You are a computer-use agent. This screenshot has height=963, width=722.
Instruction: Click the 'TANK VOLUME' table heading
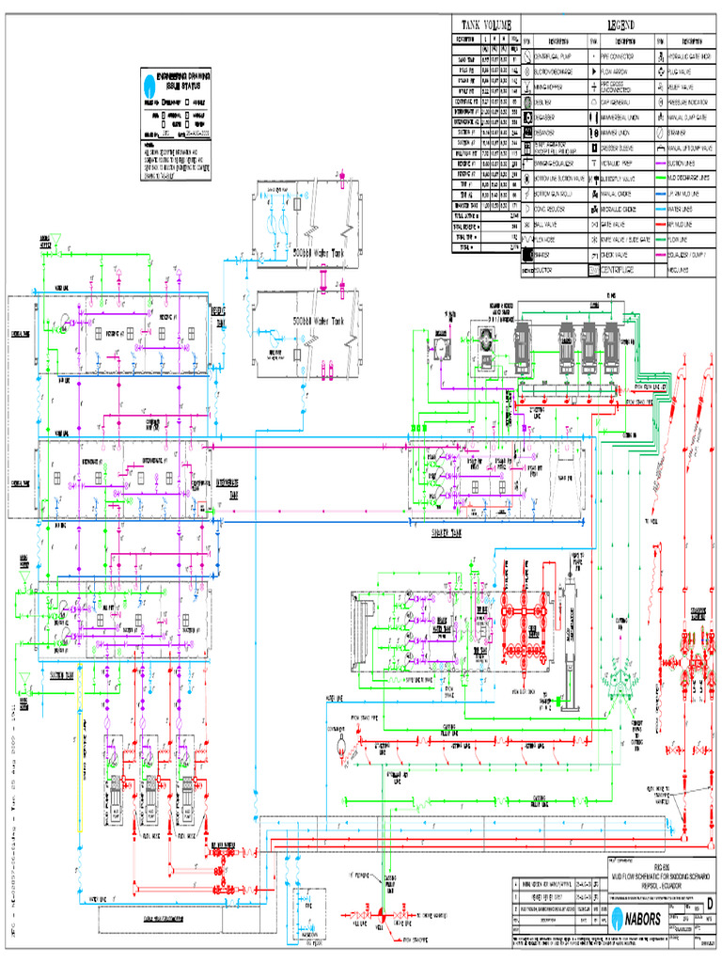point(486,24)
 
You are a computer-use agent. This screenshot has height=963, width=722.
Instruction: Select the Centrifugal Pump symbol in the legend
point(526,56)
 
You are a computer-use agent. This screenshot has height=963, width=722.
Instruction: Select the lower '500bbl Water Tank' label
point(318,320)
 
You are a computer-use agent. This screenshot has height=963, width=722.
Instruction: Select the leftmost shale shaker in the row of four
point(522,345)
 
